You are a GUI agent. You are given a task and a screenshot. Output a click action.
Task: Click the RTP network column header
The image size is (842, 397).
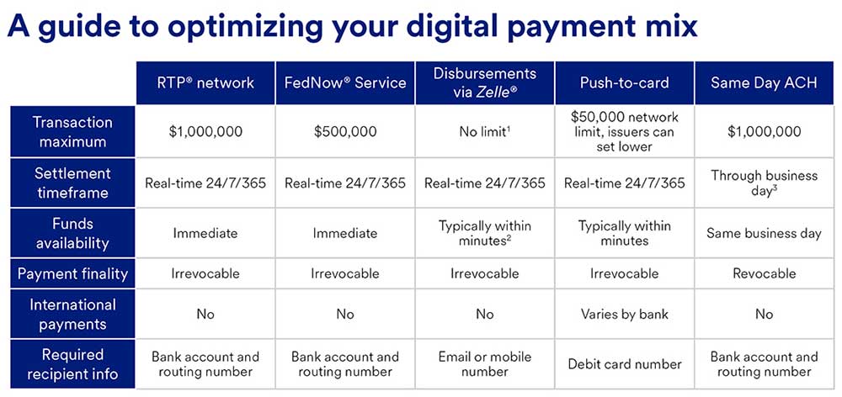(205, 83)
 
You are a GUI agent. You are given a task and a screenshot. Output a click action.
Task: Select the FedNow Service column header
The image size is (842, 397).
(344, 83)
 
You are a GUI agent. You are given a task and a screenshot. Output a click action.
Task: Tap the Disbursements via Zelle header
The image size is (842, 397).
(484, 83)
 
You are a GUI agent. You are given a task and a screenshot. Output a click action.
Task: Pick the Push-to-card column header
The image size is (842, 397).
(625, 83)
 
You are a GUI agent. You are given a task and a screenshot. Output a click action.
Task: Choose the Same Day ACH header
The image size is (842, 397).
(765, 83)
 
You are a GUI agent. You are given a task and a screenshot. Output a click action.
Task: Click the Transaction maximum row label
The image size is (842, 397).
(72, 131)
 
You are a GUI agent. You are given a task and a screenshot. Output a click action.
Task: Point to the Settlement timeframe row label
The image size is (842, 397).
(72, 183)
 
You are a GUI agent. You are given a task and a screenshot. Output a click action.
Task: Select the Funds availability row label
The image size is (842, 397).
(72, 233)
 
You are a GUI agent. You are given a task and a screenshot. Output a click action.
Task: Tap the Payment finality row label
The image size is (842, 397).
(72, 273)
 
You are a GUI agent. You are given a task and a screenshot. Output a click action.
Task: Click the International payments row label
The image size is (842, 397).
(72, 315)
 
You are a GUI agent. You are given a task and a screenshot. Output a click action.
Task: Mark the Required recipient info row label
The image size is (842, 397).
(72, 364)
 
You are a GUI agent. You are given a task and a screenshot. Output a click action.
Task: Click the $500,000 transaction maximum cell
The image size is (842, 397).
(344, 131)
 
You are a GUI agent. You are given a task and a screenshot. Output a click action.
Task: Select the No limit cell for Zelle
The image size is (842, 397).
(484, 131)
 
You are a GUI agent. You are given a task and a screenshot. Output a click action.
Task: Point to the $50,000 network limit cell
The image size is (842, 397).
(625, 131)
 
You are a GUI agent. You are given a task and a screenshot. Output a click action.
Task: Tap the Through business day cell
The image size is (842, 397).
(765, 183)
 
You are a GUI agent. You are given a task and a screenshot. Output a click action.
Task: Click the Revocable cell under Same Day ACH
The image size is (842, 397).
(765, 273)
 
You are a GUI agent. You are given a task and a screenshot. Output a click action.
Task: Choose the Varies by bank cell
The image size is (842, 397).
(625, 315)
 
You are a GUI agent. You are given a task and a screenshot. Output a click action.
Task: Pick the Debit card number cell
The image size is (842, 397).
(625, 364)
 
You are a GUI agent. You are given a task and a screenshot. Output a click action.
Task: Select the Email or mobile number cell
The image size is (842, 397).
(484, 364)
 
